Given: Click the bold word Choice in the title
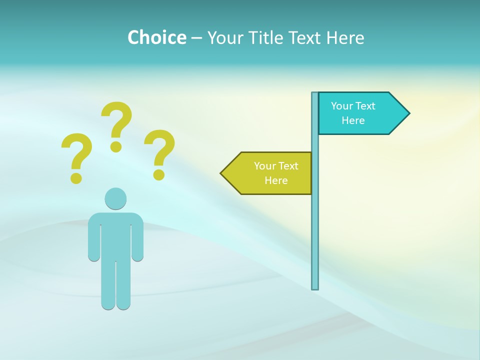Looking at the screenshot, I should pos(156,37).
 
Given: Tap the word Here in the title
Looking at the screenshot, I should pos(345,37).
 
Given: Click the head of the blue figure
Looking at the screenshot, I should pos(115,198).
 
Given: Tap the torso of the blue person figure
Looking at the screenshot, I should pos(115,235).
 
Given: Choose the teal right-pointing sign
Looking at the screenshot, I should pos(360,113).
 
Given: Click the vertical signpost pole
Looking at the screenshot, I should pos(315,225).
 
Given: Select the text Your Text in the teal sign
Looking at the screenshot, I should pos(353,106).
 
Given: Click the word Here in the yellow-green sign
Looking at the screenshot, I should pos(276,180).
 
